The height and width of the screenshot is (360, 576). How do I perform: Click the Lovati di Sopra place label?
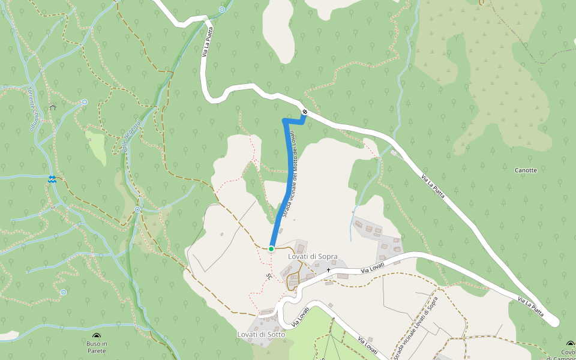click(313, 256)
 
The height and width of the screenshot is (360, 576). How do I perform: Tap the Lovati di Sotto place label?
click(260, 334)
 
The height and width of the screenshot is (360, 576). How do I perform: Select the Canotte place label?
click(526, 170)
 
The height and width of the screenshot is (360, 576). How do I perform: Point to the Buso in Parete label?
click(96, 347)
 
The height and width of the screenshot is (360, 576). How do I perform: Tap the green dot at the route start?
click(271, 248)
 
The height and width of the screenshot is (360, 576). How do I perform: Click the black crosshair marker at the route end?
click(305, 112)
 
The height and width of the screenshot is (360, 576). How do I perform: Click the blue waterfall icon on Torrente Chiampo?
click(52, 179)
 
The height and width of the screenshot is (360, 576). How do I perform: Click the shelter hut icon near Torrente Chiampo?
click(53, 107)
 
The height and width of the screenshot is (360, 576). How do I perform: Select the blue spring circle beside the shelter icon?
click(85, 102)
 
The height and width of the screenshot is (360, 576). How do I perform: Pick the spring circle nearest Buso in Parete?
click(64, 292)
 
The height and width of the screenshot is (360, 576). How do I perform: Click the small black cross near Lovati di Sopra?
click(328, 270)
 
